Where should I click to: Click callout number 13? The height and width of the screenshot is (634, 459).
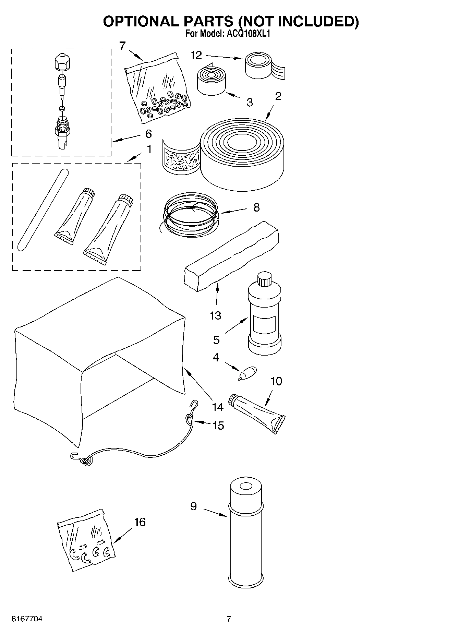[x=215, y=315]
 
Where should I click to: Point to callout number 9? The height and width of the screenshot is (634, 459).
[x=194, y=506]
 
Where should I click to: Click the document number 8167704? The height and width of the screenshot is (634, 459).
[x=27, y=619]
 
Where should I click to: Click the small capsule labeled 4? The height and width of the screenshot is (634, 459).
[x=248, y=373]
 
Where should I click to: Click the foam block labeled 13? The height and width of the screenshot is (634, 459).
[x=230, y=255]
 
